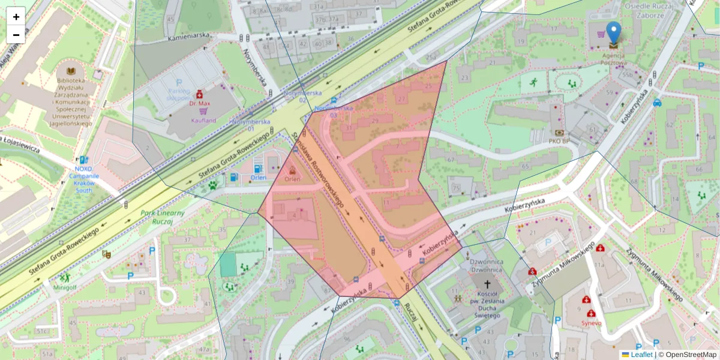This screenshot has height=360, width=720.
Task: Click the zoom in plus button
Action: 16,17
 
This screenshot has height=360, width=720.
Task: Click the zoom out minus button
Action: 16,35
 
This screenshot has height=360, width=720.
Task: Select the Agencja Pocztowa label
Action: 614,59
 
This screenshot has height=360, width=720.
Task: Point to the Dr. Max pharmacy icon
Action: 200,94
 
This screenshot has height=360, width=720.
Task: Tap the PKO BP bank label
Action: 559,141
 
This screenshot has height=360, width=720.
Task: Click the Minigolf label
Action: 64,287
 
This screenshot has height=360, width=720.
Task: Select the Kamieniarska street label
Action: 189,36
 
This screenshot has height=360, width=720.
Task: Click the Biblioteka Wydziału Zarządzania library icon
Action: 71,71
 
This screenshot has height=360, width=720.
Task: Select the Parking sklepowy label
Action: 178,93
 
